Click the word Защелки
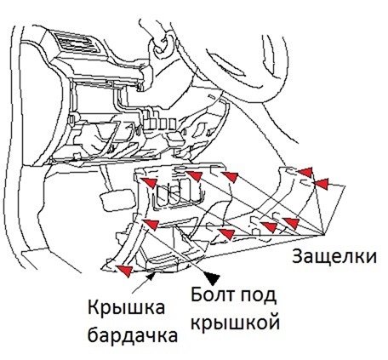334,257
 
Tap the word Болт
212,295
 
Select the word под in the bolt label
259,296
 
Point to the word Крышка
126,308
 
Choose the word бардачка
133,334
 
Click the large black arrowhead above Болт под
212,278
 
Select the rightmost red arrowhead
322,184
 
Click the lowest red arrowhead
125,271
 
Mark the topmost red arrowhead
305,172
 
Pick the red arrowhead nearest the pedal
150,182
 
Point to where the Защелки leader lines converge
324,234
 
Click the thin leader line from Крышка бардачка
140,285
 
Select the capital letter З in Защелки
297,257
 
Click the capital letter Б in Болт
197,295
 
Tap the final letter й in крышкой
274,321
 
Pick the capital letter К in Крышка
94,307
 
